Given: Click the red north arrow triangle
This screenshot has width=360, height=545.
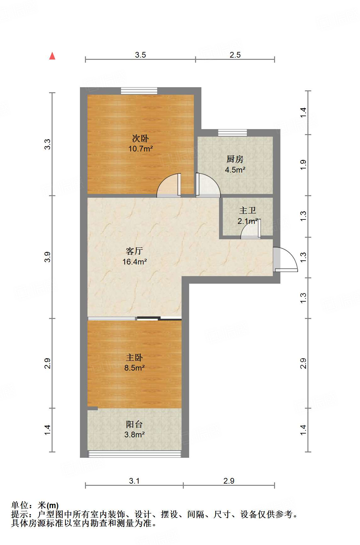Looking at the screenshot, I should tap(52, 56).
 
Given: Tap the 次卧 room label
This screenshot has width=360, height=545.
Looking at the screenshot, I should tap(140, 138).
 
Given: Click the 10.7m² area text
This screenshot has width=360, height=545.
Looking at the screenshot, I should tap(140, 149).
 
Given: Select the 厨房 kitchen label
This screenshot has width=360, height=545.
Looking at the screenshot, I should tap(235, 159).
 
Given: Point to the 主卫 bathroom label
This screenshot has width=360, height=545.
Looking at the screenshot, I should tap(248, 210).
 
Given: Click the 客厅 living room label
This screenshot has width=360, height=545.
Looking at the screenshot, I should tap(134, 251).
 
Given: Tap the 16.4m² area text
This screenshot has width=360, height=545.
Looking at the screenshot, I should tap(134, 262).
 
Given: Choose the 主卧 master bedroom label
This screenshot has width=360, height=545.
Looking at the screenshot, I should tap(134, 357).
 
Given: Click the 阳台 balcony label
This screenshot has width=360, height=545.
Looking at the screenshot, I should tap(134, 424).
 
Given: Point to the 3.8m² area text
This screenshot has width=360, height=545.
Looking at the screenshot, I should tap(134, 435).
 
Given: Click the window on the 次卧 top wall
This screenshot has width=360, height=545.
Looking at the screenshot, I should tap(139, 91).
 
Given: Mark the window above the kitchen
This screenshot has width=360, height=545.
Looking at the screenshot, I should tap(233, 133).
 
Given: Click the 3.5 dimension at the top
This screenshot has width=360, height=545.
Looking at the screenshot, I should tap(140, 55).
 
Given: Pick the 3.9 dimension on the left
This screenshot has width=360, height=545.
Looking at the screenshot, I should tap(47, 257).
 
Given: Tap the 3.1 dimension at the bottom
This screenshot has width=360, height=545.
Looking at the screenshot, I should tap(134, 481).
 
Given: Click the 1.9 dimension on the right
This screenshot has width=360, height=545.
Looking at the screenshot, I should tap(303, 165).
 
